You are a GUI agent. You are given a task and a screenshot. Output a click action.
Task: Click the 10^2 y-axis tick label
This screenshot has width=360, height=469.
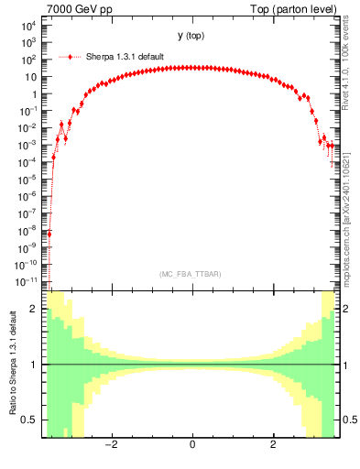(x=27, y=60)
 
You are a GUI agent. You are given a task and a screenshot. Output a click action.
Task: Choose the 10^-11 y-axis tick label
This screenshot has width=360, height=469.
(x=25, y=281)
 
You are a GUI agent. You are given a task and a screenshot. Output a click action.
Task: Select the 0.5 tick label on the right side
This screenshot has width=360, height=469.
(x=347, y=420)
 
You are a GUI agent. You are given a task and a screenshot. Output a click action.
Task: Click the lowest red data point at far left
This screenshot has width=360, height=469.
(x=49, y=234)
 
